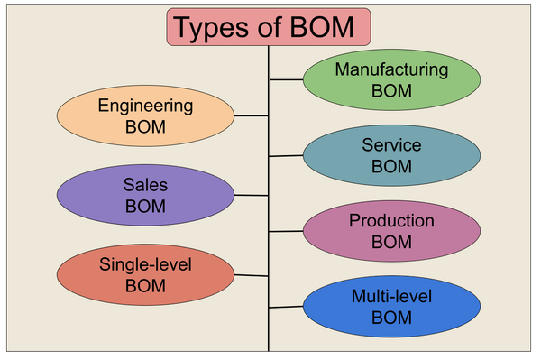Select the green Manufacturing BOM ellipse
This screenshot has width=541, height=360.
[390, 79]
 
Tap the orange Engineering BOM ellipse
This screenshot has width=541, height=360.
[145, 115]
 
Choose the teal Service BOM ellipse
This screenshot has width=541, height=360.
[390, 155]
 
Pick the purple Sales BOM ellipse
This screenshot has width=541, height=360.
[145, 194]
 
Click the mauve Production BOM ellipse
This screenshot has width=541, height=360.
[390, 231]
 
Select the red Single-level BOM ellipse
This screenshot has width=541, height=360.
[145, 274]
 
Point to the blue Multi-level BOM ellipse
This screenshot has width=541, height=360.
[390, 307]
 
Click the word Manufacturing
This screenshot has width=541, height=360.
[390, 69]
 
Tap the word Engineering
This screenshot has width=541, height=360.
[145, 106]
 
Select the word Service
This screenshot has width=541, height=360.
[390, 144]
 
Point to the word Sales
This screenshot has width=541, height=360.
[145, 184]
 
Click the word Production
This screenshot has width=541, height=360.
[390, 220]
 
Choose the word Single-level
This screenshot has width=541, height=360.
[145, 264]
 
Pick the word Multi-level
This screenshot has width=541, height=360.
[390, 296]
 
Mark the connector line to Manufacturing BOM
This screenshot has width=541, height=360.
[286, 79]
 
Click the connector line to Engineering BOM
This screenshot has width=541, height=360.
[252, 115]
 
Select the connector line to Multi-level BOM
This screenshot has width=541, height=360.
[286, 307]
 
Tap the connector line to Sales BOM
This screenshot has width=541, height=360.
[252, 195]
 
